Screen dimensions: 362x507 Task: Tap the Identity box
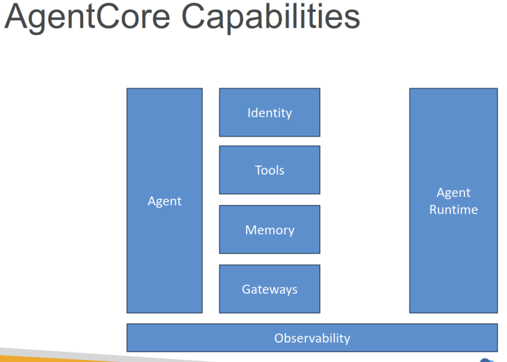coord(269,112)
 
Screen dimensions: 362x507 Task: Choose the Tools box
coord(269,170)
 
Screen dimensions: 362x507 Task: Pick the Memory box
coord(269,229)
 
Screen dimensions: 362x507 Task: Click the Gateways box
coord(269,289)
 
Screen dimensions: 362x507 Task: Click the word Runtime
coord(453,210)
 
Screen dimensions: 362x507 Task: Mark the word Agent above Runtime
coord(453,193)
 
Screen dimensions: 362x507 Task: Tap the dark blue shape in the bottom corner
coord(488,360)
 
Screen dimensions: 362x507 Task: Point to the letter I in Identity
coord(249,113)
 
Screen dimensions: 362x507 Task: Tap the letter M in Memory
coord(251,230)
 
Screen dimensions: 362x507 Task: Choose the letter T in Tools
coord(258,170)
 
